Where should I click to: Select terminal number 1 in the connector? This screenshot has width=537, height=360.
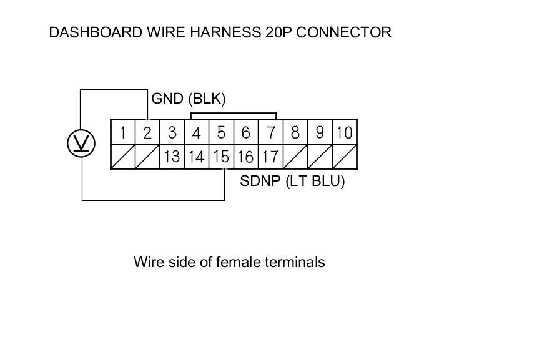(x=123, y=132)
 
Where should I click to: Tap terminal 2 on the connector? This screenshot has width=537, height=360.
(x=147, y=132)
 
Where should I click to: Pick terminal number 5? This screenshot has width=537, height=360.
(x=221, y=132)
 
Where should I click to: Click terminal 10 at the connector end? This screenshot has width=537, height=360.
(x=344, y=132)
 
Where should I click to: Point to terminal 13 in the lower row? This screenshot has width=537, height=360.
(x=172, y=157)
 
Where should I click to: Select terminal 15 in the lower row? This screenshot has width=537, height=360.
(x=221, y=157)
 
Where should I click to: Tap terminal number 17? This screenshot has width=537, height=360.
(x=270, y=157)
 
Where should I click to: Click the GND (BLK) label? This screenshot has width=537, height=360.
(x=189, y=99)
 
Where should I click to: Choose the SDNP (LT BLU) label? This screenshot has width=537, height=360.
(x=292, y=183)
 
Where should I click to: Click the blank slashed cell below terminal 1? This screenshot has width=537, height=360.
(x=123, y=157)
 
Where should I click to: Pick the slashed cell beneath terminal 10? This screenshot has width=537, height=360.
(x=344, y=157)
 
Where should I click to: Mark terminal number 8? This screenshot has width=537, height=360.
(x=295, y=132)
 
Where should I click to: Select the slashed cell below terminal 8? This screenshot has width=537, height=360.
(x=295, y=157)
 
